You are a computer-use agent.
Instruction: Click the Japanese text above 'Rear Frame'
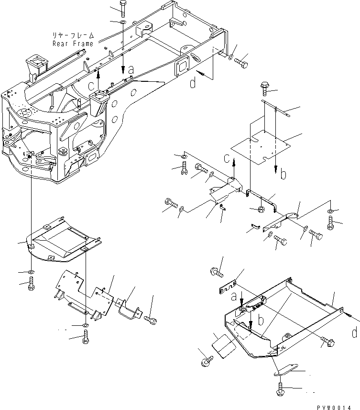(x=73, y=36)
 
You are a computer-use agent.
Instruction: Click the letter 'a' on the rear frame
(x=131, y=70)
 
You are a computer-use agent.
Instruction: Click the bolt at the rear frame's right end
(x=241, y=63)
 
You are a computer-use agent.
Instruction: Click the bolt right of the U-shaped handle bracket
(x=149, y=318)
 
